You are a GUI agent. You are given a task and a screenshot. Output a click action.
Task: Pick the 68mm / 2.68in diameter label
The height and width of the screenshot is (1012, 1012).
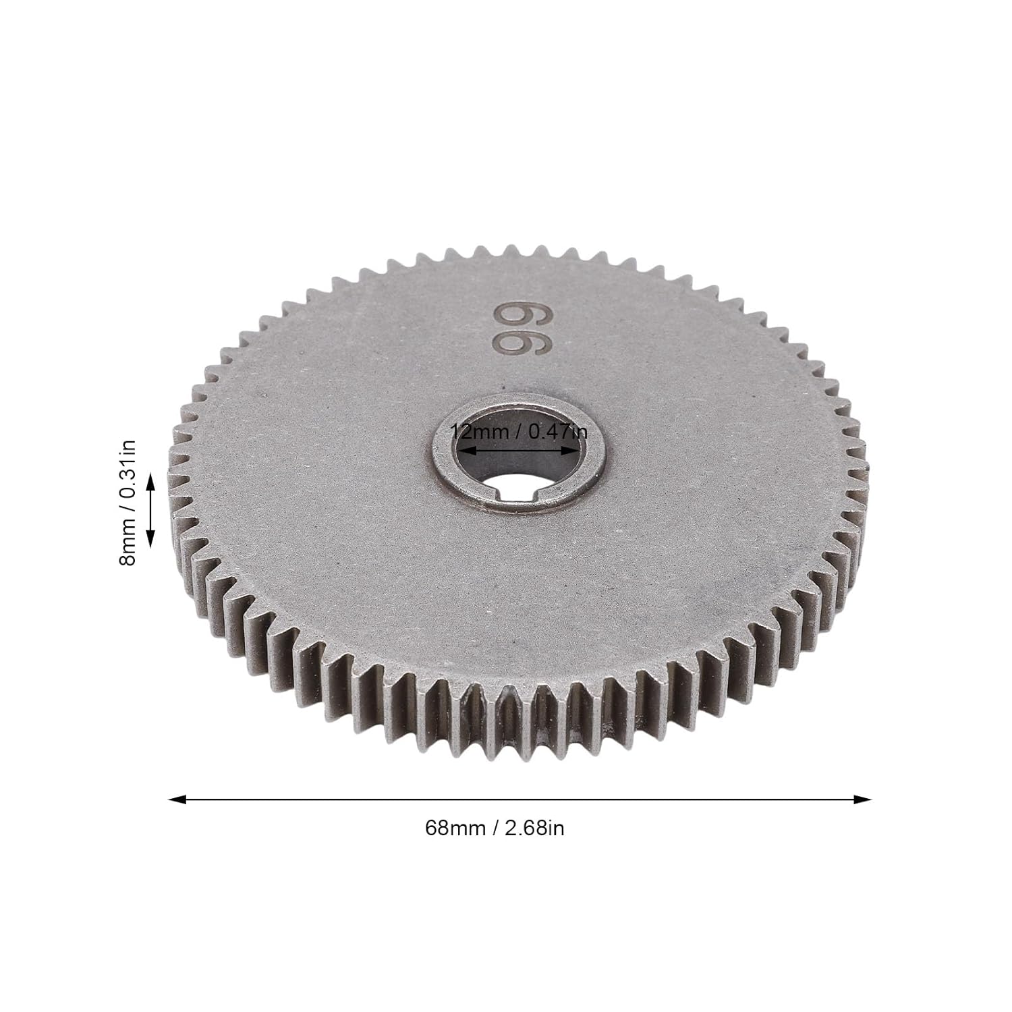coord(495,828)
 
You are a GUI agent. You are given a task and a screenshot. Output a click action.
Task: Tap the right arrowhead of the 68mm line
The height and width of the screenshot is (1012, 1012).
coord(863,799)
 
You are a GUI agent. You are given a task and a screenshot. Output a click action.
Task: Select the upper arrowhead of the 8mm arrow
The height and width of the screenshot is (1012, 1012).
coord(150,480)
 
